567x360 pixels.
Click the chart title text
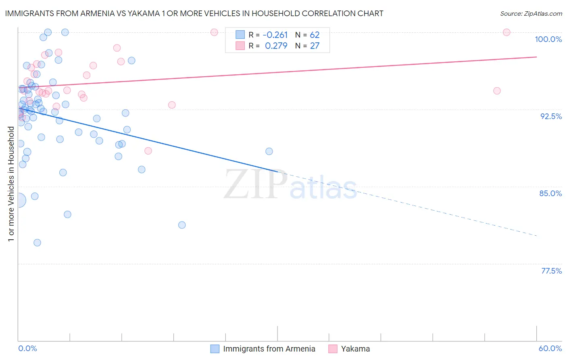tap(194, 13)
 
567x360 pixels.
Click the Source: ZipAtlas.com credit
tap(531, 13)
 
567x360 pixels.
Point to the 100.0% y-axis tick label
tap(548, 39)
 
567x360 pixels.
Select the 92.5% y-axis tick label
tap(551, 116)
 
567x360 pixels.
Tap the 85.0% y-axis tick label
tap(550, 193)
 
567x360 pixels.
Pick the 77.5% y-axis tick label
tap(551, 271)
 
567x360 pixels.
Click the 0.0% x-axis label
tap(27, 348)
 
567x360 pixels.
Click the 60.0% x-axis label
tap(550, 348)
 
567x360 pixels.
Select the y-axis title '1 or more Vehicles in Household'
tap(11, 184)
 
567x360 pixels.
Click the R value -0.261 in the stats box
tap(275, 35)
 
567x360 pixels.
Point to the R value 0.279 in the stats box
tap(276, 46)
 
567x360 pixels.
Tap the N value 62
tap(315, 35)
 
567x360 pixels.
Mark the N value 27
tap(315, 46)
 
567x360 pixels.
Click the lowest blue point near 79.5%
tap(37, 243)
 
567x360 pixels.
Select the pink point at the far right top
tap(507, 32)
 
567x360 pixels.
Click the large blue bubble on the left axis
tap(19, 200)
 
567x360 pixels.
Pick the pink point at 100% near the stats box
tap(214, 32)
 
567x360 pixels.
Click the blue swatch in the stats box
tap(240, 35)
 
